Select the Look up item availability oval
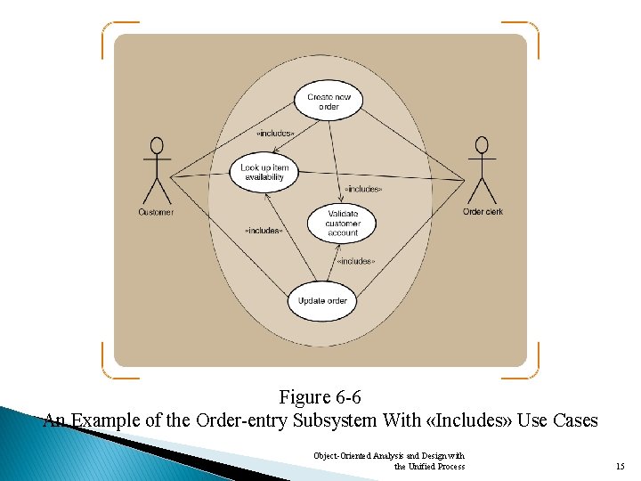coord(264,172)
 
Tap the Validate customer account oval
coord(343,223)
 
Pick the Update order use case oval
coord(322,301)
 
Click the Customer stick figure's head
coord(158,145)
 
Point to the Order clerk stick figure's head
coord(483,145)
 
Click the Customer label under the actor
coord(156,212)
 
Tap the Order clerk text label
coord(483,212)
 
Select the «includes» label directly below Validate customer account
coord(356,261)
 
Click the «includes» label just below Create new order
coord(275,133)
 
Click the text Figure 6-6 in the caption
coord(320,397)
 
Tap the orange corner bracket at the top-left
coord(110,30)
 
